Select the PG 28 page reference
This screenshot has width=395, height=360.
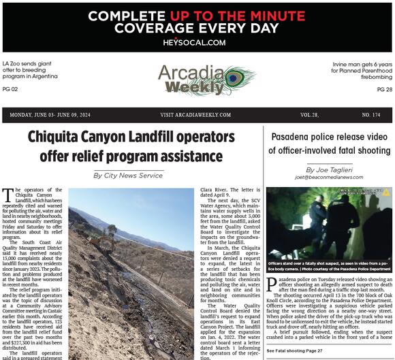click(x=384, y=89)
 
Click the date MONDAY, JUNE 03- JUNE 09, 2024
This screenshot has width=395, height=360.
click(x=51, y=115)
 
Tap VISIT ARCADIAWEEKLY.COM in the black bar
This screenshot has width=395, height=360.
click(x=195, y=115)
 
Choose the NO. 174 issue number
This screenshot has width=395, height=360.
click(x=372, y=115)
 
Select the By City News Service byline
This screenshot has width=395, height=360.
click(x=128, y=176)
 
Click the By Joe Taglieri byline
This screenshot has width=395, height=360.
click(x=329, y=169)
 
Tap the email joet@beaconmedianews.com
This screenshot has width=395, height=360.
click(x=329, y=177)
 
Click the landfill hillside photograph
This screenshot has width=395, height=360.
click(x=131, y=272)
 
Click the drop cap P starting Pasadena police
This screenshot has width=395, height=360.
click(x=271, y=284)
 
